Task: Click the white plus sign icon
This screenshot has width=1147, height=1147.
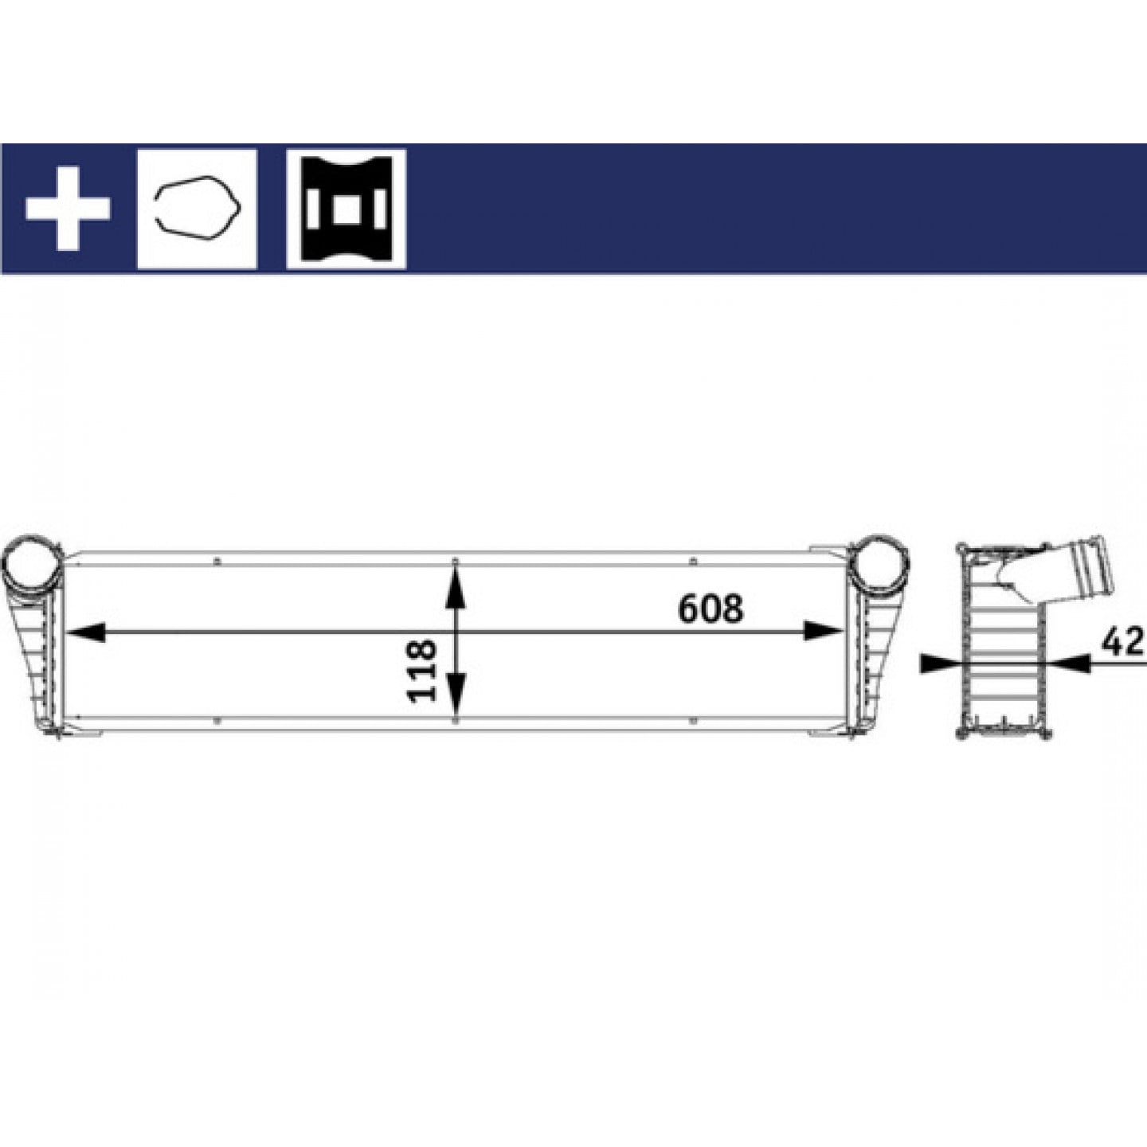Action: (x=67, y=209)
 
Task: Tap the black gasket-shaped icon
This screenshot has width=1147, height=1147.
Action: (x=346, y=209)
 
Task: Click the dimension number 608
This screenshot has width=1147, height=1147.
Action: (x=711, y=608)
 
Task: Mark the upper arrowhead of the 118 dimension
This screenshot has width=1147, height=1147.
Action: (x=456, y=587)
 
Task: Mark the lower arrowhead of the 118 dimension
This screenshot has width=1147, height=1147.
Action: (x=456, y=692)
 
